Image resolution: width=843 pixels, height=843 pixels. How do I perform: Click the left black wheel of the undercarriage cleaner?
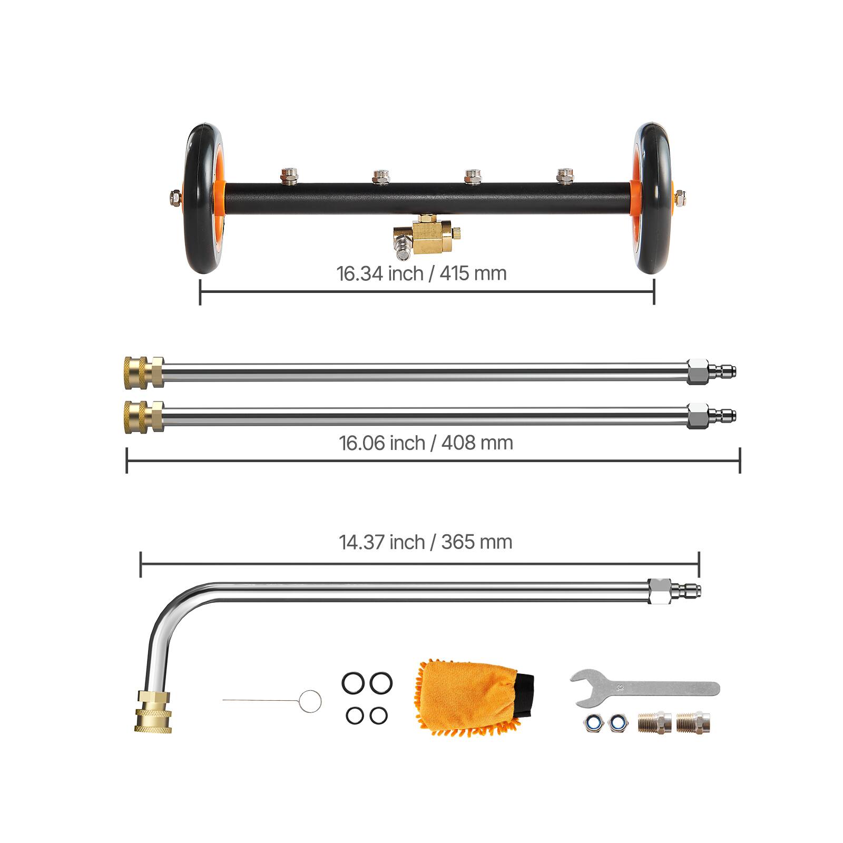pos(202,199)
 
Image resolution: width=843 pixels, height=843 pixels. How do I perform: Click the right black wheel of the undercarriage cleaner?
pos(654,199)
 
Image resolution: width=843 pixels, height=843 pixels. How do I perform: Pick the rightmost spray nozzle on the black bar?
pos(564,175)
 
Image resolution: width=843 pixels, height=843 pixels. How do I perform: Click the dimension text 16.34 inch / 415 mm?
pos(421,273)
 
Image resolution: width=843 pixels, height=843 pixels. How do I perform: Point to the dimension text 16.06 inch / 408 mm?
pos(426,443)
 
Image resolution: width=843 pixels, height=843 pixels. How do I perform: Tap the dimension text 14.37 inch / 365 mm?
pos(426,542)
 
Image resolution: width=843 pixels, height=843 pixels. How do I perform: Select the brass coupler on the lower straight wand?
pos(144,417)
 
